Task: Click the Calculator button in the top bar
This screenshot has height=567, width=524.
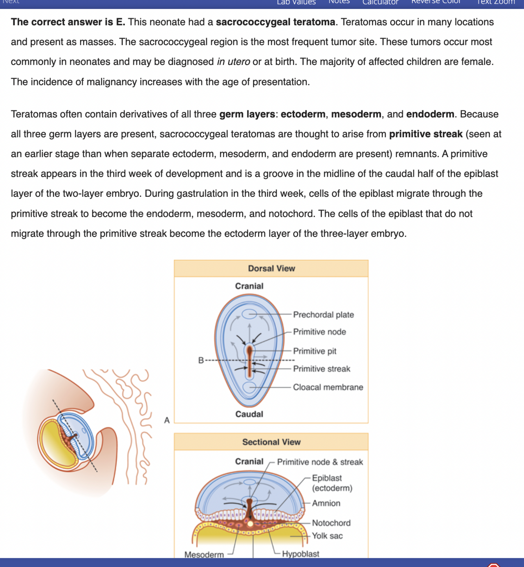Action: (x=380, y=2)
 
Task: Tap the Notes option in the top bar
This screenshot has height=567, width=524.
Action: (x=339, y=2)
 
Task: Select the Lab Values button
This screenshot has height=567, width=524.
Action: (x=296, y=2)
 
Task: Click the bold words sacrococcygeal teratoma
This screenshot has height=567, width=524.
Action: (x=275, y=22)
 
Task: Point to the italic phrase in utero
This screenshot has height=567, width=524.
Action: (x=233, y=62)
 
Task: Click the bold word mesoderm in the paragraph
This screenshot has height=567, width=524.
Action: (x=356, y=114)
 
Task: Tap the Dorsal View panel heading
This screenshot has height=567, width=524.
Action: (x=271, y=268)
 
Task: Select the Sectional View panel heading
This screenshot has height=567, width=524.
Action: (x=271, y=442)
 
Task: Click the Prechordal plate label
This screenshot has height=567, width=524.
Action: (x=323, y=315)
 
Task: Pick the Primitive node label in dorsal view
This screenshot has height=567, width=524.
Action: (x=319, y=332)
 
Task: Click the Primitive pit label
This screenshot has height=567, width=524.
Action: (x=315, y=351)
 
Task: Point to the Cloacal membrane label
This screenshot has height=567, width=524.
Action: (x=328, y=387)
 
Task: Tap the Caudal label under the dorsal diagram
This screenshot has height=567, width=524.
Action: (x=249, y=414)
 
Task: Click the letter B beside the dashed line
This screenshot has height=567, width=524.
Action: (x=201, y=360)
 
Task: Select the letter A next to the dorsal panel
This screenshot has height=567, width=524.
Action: (x=167, y=420)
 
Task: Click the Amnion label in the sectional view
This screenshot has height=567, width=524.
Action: (x=326, y=503)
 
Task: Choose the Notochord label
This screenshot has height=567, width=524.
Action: (x=331, y=523)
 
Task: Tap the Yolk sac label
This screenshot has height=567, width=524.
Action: (x=327, y=536)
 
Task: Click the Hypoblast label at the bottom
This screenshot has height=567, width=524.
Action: (x=300, y=554)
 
